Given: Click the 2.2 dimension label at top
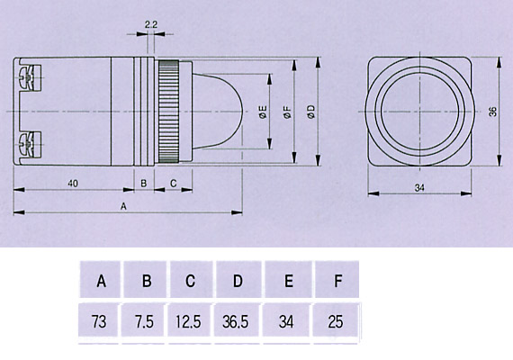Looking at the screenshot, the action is pyautogui.click(x=151, y=24).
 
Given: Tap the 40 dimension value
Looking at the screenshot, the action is pyautogui.click(x=73, y=184).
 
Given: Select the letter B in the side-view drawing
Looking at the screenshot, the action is pyautogui.click(x=144, y=184).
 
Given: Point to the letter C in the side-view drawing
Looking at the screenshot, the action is pyautogui.click(x=174, y=184).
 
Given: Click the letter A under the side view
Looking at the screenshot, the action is pyautogui.click(x=123, y=206).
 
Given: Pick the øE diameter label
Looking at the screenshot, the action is pyautogui.click(x=263, y=112).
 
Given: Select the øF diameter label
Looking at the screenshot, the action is pyautogui.click(x=288, y=112).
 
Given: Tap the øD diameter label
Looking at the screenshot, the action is pyautogui.click(x=311, y=112).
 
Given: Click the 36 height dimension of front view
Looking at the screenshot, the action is pyautogui.click(x=492, y=112).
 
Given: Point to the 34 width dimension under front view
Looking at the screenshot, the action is pyautogui.click(x=419, y=188).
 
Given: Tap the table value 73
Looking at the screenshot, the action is pyautogui.click(x=99, y=321).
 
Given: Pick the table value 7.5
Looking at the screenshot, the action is pyautogui.click(x=144, y=321).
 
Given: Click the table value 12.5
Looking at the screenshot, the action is pyautogui.click(x=188, y=321).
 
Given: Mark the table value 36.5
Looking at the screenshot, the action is pyautogui.click(x=236, y=321).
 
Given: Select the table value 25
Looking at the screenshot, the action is pyautogui.click(x=336, y=321).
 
